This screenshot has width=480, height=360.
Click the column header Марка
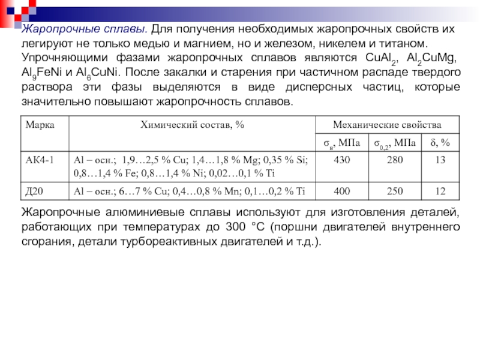tap(36, 125)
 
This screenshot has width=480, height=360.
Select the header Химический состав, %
tap(192, 125)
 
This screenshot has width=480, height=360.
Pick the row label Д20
tap(33, 191)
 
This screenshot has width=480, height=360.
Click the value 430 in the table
tap(341, 160)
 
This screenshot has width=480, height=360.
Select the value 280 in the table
tap(395, 160)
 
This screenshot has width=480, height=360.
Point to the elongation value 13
tap(441, 160)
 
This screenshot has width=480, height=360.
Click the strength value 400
tap(341, 191)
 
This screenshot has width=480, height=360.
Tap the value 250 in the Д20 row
tap(395, 191)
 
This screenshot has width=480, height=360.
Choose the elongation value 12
tap(441, 191)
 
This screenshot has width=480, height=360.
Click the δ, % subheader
tap(441, 143)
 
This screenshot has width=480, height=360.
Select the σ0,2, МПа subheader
tap(394, 143)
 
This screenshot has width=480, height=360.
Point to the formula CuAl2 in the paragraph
tap(380, 58)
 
